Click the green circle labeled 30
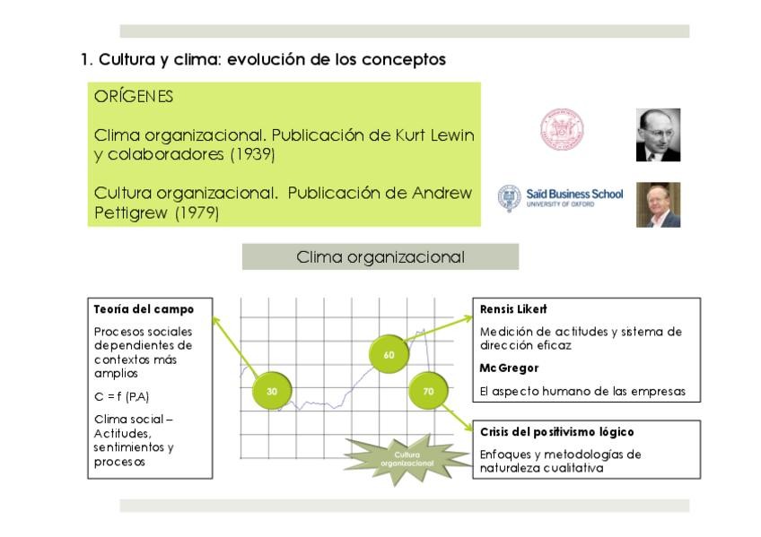272,391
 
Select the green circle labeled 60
389,355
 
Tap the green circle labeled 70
428,391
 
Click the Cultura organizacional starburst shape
407,459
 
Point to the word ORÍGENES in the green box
134,97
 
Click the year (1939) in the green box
252,154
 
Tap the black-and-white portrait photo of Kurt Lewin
658,135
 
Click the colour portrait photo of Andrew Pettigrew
658,204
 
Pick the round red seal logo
562,130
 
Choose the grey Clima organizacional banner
380,257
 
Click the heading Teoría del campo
144,309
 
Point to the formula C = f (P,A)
120,395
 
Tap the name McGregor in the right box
509,368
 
